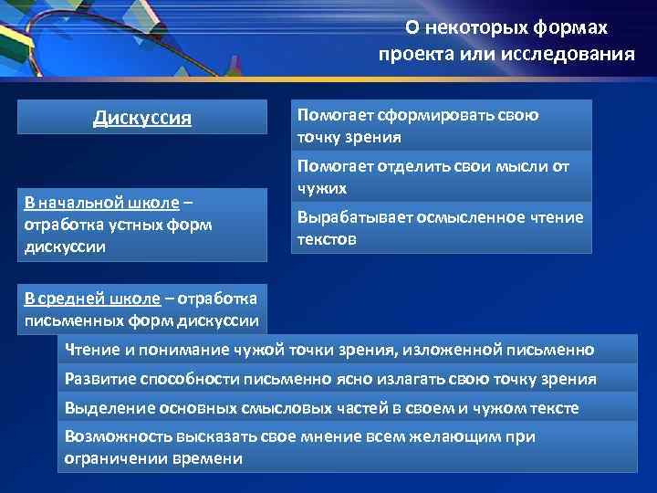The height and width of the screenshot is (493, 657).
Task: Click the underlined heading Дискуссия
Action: click(x=142, y=118)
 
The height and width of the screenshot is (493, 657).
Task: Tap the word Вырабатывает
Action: click(x=346, y=217)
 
